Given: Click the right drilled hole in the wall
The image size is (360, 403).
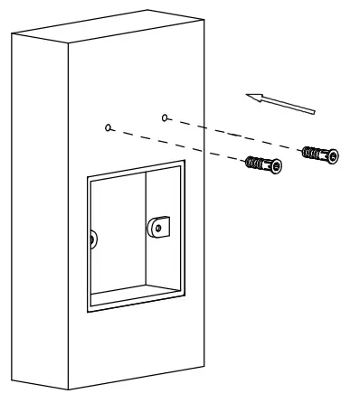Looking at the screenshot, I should tap(164, 117).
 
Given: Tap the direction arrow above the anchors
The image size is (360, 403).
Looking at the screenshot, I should tap(283, 100).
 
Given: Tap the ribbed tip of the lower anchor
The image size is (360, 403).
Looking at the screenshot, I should tap(250, 162).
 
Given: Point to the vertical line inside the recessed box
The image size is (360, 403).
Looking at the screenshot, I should tap(145, 235).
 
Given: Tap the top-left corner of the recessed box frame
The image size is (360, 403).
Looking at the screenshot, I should tap(87, 178).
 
